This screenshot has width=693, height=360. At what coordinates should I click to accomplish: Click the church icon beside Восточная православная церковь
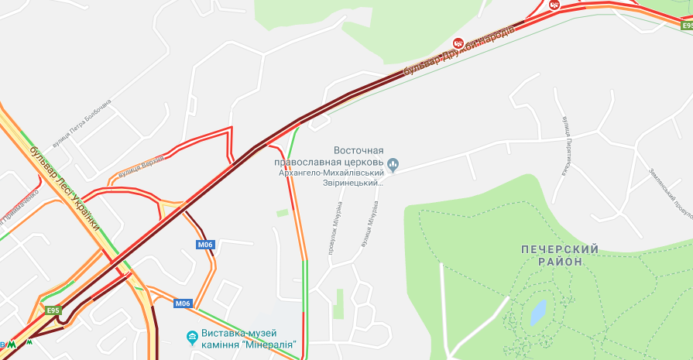click(393, 163)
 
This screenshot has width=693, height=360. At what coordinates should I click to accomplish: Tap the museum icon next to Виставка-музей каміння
click(192, 337)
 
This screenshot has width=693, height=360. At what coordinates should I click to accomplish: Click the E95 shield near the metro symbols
click(53, 310)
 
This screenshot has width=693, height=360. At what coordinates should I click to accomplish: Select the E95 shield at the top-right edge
click(686, 26)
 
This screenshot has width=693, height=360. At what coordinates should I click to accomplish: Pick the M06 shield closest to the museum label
click(182, 303)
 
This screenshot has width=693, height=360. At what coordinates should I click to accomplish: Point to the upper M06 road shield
click(204, 245)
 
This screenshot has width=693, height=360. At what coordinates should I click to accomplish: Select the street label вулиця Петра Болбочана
click(82, 123)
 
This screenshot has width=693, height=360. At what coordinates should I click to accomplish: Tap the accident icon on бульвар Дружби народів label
click(458, 43)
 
